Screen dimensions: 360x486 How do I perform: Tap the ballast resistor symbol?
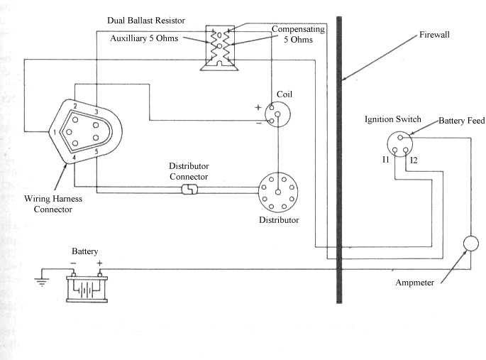pyautogui.click(x=219, y=48)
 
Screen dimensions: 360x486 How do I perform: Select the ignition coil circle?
pyautogui.click(x=277, y=113)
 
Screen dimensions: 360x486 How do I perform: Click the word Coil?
pyautogui.click(x=285, y=93)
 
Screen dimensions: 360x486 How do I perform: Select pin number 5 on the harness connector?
pyautogui.click(x=96, y=151)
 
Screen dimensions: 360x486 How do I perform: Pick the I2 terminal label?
pyautogui.click(x=414, y=161)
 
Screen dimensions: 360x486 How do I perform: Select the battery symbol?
pyautogui.click(x=85, y=286)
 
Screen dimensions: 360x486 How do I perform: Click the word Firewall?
pyautogui.click(x=434, y=34)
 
